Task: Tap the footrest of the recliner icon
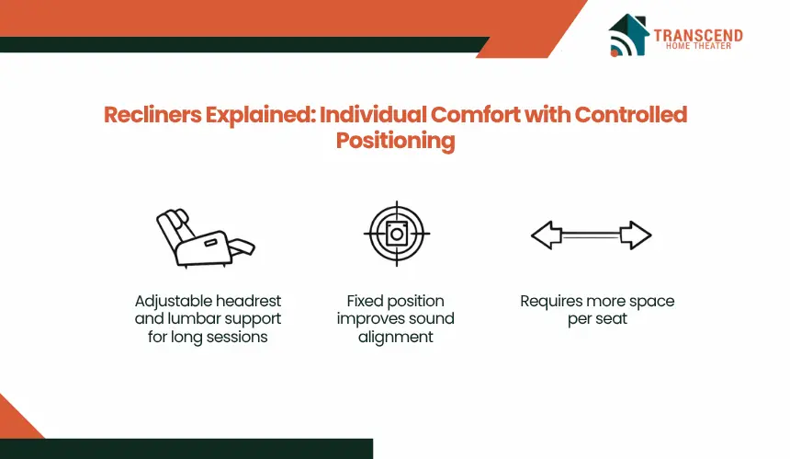pos(243,247)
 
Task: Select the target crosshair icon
pos(397,234)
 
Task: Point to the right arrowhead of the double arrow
pos(636,235)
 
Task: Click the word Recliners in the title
pos(152,114)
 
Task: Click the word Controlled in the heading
pos(631,114)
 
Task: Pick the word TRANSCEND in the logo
pos(698,35)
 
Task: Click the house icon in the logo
pos(628,35)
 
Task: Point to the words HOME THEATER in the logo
pos(698,46)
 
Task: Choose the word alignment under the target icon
pos(396,337)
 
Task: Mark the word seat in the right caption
pos(611,319)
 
